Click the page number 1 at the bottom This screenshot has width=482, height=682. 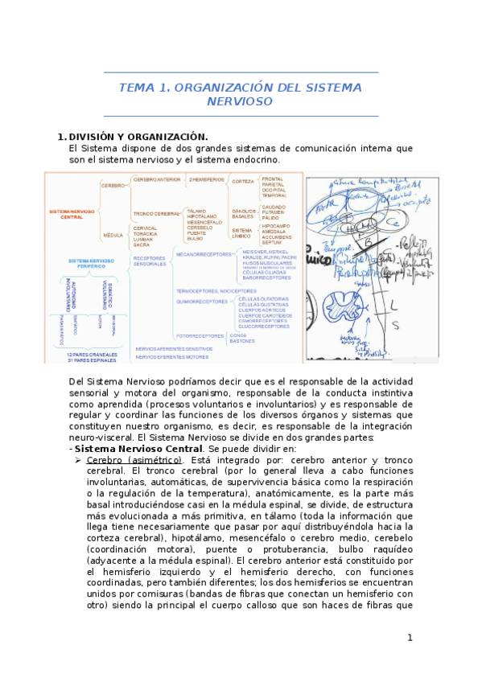pos(410,638)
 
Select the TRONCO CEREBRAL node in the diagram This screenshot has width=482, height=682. pos(155,214)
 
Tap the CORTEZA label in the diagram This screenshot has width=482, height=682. pos(243,182)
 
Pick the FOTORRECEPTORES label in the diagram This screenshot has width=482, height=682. pos(200,335)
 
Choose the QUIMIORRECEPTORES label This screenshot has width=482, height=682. pos(202,302)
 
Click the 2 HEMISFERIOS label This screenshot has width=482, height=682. pos(207,179)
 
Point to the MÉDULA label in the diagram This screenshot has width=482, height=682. pos(112,235)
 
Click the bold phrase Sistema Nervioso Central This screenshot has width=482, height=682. pos(138,448)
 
